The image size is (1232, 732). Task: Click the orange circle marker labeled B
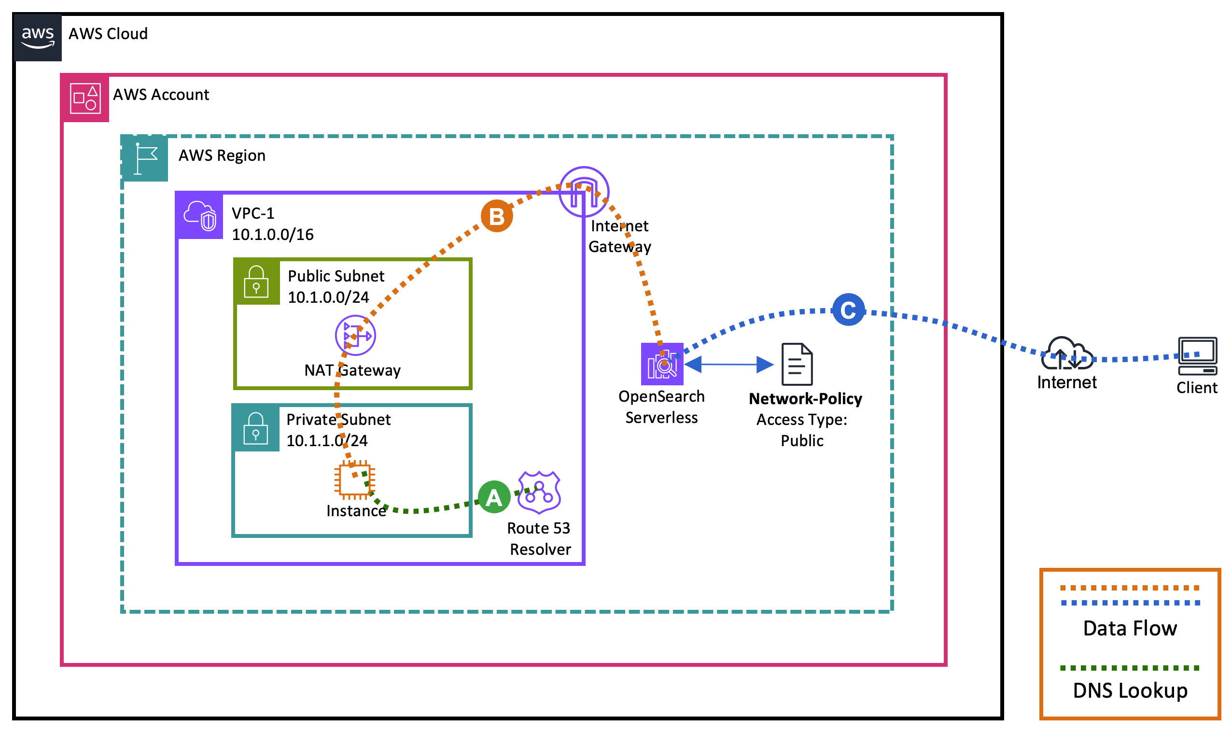pos(496,216)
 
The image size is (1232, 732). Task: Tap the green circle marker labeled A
pos(494,497)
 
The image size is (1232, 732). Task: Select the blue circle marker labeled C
pos(848,310)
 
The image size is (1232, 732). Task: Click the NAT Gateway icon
pos(355,336)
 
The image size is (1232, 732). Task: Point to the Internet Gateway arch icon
pos(584,192)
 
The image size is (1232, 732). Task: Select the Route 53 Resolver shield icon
pos(539,493)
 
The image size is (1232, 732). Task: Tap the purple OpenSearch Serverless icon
pos(662,364)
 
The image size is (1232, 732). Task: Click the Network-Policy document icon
pos(797,364)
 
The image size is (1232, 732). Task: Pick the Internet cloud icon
pos(1066,353)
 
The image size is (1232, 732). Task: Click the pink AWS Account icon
pos(85,98)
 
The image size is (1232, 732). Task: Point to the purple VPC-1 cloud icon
pos(200,216)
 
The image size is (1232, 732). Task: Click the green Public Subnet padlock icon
pos(256,282)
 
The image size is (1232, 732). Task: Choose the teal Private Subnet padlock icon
pos(255,428)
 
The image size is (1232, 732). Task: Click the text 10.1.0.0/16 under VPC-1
pos(272,234)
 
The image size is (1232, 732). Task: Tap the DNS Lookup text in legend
pos(1130,690)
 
